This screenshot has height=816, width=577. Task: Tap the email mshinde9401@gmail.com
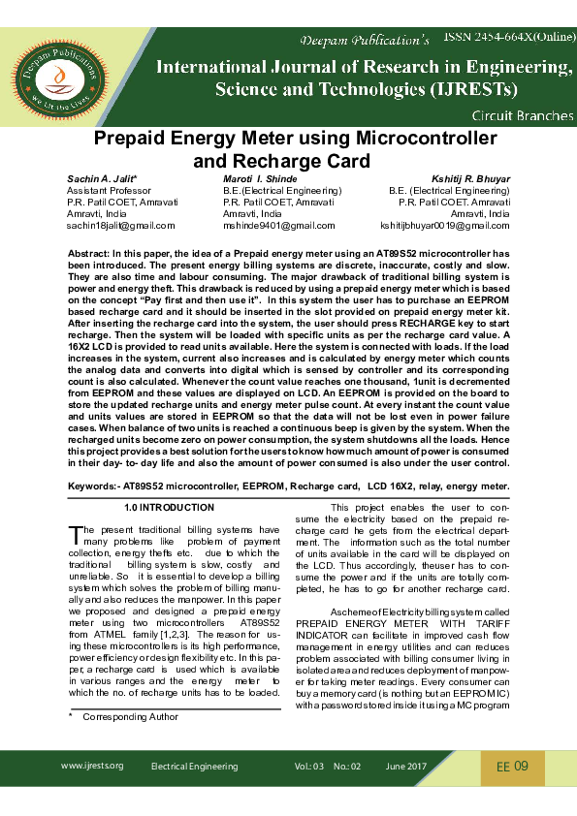click(278, 225)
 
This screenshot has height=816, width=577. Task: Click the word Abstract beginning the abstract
click(88, 252)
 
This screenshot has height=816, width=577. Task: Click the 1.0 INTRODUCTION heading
click(170, 508)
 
